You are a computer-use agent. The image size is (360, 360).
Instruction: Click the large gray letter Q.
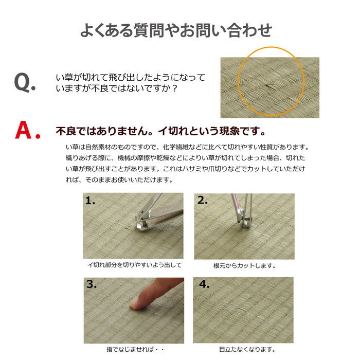pyautogui.click(x=24, y=83)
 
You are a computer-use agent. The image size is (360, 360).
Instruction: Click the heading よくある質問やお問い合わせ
pyautogui.click(x=176, y=30)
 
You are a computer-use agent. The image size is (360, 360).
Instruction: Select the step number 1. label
pyautogui.click(x=91, y=202)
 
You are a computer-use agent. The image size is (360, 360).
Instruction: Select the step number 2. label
pyautogui.click(x=202, y=202)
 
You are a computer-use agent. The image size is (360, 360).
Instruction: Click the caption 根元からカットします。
pyautogui.click(x=244, y=266)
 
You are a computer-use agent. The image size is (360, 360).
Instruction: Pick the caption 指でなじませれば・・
pyautogui.click(x=133, y=349)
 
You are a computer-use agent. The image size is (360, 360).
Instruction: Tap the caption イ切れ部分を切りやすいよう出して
pyautogui.click(x=133, y=266)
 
